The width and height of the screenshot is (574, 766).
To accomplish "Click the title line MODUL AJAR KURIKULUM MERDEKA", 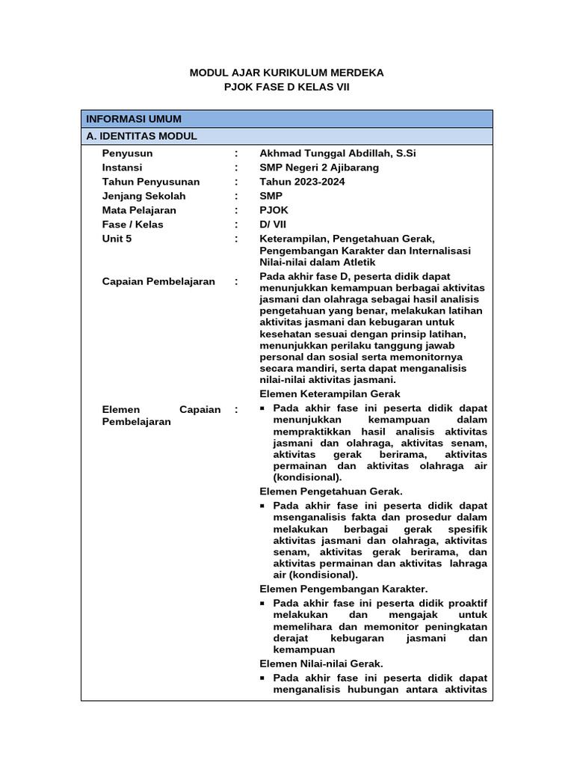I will [x=287, y=73].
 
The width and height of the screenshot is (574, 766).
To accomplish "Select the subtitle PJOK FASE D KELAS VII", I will [x=287, y=87].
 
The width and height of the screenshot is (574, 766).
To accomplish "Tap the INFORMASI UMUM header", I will [x=134, y=119].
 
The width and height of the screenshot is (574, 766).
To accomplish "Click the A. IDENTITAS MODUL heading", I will [x=141, y=136].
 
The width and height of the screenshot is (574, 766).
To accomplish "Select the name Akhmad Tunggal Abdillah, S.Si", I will [x=338, y=153].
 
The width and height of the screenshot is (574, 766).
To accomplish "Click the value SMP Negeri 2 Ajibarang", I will [x=319, y=168].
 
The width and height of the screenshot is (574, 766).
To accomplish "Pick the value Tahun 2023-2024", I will [x=302, y=182].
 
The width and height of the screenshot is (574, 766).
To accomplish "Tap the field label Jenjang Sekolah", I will [x=144, y=196].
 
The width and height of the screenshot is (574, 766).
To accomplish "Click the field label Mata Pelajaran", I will [x=140, y=210].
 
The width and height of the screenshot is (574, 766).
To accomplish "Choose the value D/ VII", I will [x=273, y=224].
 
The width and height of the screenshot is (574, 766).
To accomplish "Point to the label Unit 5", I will [x=117, y=239].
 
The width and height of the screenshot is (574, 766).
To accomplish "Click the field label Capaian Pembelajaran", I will [x=158, y=281].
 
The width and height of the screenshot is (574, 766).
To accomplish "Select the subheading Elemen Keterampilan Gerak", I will [x=330, y=393].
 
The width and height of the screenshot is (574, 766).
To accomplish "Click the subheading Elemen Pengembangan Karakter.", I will [x=344, y=589].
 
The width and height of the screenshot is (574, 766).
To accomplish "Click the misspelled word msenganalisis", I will [x=307, y=517].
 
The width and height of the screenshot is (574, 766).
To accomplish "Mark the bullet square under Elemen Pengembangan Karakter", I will [x=262, y=603].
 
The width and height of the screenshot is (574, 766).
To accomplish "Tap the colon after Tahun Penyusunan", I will [x=236, y=182].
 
